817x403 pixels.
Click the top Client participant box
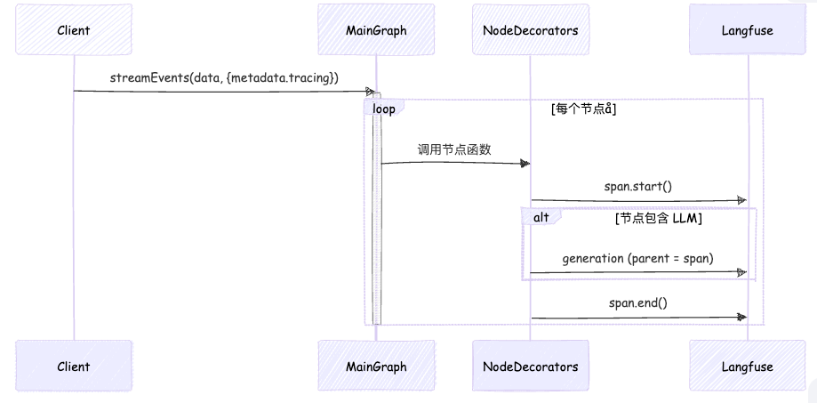74,30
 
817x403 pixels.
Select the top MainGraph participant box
376,30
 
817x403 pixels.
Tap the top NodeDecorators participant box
530,30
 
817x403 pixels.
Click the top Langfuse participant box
748,30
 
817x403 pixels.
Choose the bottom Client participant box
74,366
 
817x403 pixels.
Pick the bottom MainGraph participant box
376,366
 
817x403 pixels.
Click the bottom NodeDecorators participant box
530,366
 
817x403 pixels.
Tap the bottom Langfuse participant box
748,366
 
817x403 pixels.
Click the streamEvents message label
224,78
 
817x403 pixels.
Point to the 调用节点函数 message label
455,149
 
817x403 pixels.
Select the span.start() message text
638,188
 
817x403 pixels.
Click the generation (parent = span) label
638,259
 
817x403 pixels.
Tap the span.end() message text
638,303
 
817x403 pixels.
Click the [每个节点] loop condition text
584,109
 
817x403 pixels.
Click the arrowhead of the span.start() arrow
741,201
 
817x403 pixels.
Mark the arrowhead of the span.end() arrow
741,317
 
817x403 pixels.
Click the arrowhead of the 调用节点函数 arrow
525,163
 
